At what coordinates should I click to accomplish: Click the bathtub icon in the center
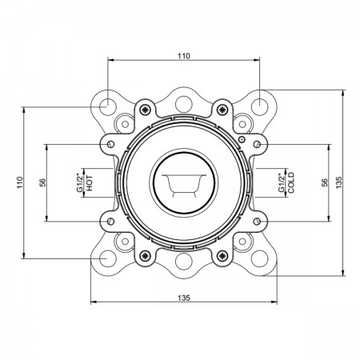[184, 186]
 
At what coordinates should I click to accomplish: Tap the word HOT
[90, 183]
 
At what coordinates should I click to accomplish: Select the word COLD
[291, 182]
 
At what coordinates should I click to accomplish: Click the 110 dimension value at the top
[184, 56]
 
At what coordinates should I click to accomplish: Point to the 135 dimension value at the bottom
[184, 298]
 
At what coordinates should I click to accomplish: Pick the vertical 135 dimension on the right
[338, 182]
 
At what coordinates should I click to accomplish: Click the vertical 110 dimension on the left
[20, 182]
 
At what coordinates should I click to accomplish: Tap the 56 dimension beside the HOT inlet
[42, 182]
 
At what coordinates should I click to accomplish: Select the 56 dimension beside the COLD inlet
[324, 182]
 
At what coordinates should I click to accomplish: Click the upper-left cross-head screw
[145, 110]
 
